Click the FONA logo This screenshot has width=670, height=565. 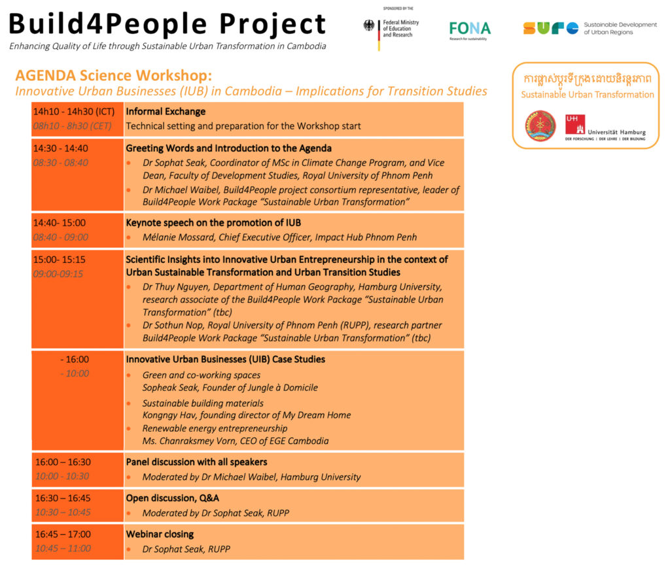point(470,30)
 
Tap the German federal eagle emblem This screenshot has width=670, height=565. point(368,26)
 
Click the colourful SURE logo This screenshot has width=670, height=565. point(551,28)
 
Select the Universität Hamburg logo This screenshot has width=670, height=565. point(605,128)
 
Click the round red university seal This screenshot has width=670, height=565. point(540,126)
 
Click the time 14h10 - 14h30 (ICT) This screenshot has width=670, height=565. point(74,111)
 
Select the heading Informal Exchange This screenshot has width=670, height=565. point(166,111)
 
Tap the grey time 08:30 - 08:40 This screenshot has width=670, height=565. point(61,163)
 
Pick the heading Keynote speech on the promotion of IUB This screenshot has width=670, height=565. point(213,222)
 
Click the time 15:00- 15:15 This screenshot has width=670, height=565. point(60,260)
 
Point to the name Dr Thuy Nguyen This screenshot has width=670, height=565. point(175,287)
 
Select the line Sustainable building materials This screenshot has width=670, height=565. point(203,403)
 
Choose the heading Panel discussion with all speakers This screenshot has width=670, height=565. point(196,462)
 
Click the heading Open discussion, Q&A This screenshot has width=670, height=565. point(173,498)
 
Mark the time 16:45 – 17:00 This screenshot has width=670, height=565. point(63,534)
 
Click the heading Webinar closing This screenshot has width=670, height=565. point(160,534)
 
